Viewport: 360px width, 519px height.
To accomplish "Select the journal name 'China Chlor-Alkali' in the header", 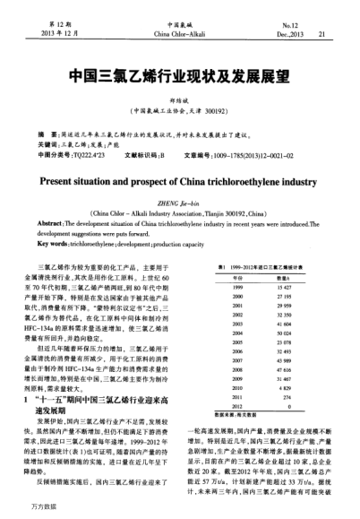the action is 180,33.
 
